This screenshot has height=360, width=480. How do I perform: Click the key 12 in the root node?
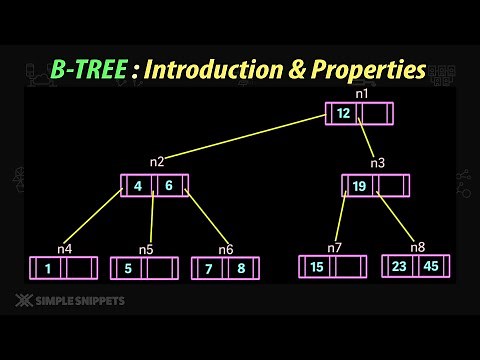point(343,114)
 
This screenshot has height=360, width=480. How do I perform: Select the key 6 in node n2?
point(169,186)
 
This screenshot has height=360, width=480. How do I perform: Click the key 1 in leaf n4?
point(47,268)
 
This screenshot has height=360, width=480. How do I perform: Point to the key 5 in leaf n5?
point(128,268)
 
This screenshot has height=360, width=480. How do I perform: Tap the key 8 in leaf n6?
point(241,268)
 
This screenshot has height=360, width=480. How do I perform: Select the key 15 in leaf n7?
point(317,267)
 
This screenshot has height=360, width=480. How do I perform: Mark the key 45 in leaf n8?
point(430,266)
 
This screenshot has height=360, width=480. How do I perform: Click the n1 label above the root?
point(361,94)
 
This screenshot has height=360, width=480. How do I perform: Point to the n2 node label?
point(157,162)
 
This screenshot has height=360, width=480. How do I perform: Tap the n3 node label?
point(377,162)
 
